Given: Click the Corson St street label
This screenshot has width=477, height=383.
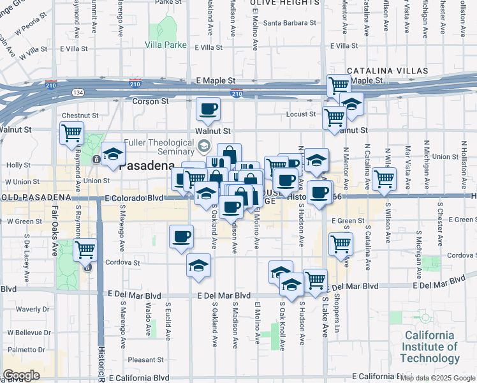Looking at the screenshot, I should click(150, 101).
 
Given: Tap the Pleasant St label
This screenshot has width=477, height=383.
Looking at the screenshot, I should click(146, 359).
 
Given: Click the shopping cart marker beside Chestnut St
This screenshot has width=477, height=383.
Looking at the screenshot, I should click(71, 133).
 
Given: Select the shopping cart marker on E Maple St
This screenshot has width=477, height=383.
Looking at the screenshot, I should click(338, 84).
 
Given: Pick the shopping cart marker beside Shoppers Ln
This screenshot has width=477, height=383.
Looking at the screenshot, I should click(341, 243).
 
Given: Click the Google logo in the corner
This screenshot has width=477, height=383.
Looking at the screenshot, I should click(22, 375).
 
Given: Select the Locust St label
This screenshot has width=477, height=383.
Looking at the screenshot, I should click(303, 114).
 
